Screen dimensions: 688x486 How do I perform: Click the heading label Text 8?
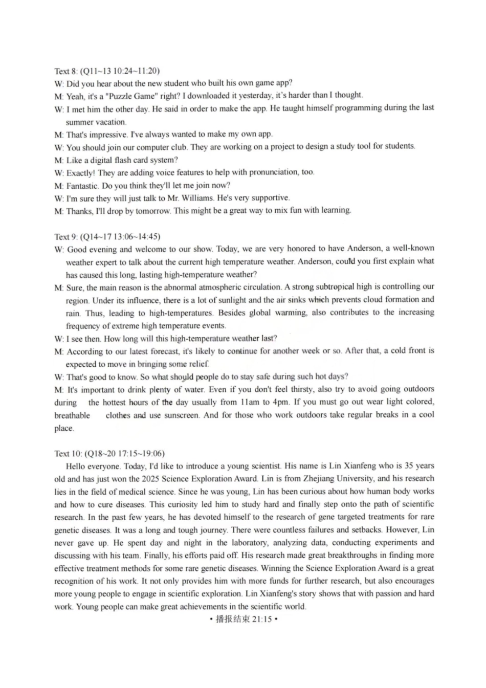pyautogui.click(x=65, y=71)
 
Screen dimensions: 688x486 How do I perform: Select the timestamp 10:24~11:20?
pyautogui.click(x=132, y=71)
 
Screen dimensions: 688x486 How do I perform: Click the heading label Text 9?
pyautogui.click(x=65, y=237)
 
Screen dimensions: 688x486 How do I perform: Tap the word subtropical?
pyautogui.click(x=351, y=287)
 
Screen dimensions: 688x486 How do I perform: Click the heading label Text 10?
pyautogui.click(x=68, y=454)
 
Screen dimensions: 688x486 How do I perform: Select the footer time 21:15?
pyautogui.click(x=261, y=619)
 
